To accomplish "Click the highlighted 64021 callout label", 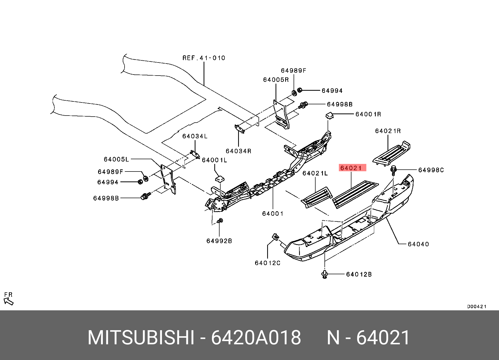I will (x=352, y=168).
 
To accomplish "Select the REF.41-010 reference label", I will (x=204, y=58).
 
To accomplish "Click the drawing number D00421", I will (x=476, y=307).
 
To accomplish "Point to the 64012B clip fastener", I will (x=325, y=274).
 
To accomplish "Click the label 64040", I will (x=418, y=244).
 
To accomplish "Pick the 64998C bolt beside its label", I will (x=393, y=170).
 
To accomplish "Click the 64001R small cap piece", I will (x=329, y=115).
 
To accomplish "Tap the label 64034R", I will (x=238, y=151).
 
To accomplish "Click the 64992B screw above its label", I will (x=220, y=221).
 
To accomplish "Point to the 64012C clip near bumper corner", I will (x=276, y=237).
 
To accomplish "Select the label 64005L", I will (x=116, y=159).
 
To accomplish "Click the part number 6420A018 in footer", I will (x=256, y=338).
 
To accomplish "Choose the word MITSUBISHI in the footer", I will (x=141, y=338).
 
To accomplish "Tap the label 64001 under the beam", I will (x=273, y=214).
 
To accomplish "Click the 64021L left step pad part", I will (x=317, y=197).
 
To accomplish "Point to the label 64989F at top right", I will (x=293, y=71).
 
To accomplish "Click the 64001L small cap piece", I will (x=220, y=179).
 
